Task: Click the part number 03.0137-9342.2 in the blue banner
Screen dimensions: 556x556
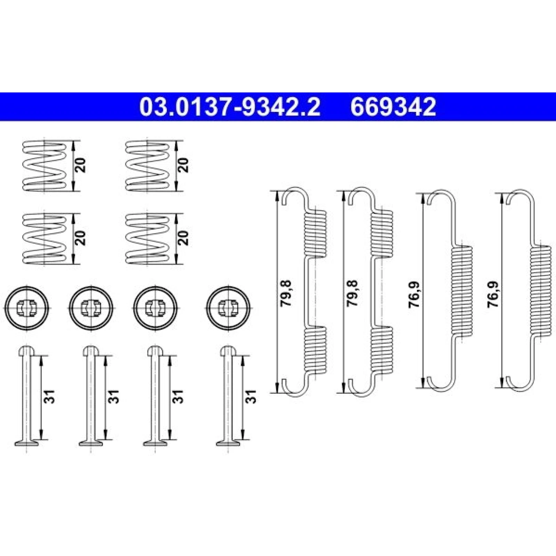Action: point(230,107)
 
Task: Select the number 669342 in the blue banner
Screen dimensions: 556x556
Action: point(393,107)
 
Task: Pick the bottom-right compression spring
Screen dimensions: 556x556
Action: point(147,238)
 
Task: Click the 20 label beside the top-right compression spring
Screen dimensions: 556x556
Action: point(184,165)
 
